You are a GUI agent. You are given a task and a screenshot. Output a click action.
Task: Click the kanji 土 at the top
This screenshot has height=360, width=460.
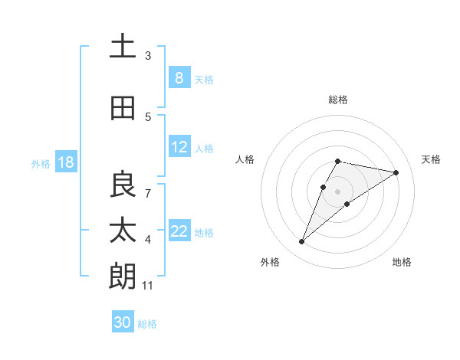pos(123,47)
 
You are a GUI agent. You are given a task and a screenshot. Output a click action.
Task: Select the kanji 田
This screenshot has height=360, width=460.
pos(123,109)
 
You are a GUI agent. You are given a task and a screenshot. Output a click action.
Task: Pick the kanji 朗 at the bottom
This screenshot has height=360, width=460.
pos(123,277)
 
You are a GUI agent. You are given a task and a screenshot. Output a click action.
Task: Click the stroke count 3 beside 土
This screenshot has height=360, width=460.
pos(148,56)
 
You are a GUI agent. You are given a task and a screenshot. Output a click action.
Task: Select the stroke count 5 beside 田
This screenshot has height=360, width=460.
pos(148,117)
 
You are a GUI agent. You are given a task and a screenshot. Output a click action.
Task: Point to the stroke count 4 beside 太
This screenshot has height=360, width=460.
pos(148,240)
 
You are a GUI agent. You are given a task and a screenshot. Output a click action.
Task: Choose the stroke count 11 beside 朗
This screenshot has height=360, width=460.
pos(148,286)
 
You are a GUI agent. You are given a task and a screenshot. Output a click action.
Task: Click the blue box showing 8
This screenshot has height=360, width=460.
pos(179,78)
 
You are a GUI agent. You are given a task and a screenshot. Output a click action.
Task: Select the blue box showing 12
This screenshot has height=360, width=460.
pos(179,148)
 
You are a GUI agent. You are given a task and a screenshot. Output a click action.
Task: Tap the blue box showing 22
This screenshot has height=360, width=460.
pos(179,232)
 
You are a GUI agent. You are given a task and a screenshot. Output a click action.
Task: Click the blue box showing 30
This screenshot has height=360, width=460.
pos(123,322)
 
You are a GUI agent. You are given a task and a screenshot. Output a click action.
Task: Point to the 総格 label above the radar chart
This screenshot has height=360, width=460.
pos(338,100)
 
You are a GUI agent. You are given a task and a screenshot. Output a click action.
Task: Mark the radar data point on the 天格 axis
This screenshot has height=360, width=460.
pos(396,172)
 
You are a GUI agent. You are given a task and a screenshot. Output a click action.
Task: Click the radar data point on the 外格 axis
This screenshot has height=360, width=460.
pos(301,242)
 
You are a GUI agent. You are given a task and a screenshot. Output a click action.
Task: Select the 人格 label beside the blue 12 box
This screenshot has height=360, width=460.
pos(204,149)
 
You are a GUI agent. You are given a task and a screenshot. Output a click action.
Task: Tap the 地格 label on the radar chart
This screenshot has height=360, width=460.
pos(402,263)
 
